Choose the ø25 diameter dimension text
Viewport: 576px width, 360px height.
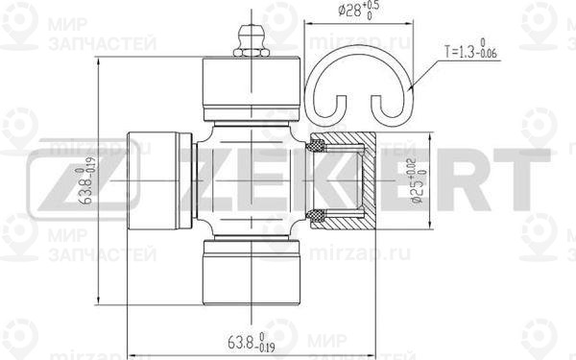click(417, 180)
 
